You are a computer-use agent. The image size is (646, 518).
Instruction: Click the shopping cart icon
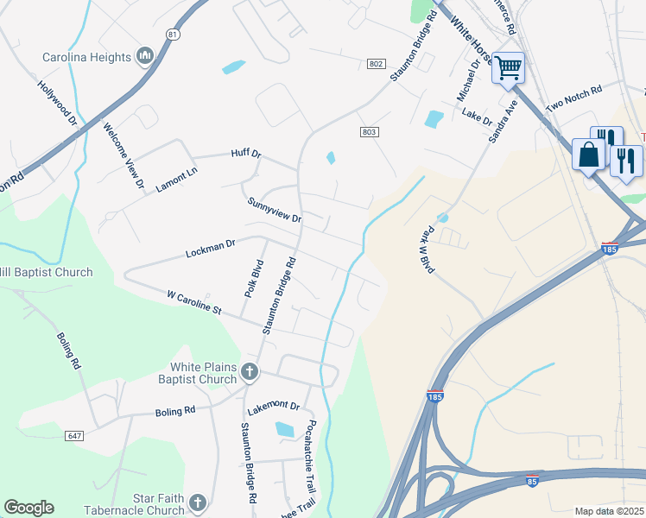click(508, 66)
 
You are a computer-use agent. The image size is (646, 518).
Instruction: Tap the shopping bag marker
click(590, 155)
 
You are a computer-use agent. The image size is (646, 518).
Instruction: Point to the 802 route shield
click(376, 64)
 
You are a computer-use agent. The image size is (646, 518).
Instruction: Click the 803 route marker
click(370, 131)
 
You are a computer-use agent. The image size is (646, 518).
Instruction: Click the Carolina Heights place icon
click(144, 58)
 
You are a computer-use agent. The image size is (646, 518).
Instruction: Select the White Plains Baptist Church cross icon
click(249, 373)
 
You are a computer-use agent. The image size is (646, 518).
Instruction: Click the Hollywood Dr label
click(57, 104)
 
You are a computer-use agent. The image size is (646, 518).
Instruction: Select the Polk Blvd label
click(256, 277)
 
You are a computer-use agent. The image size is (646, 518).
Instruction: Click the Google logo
click(28, 508)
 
